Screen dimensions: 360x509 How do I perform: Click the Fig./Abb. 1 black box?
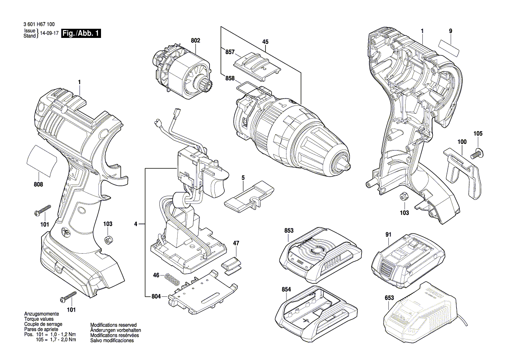[x=81, y=34]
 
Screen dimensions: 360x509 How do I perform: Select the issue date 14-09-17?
[x=50, y=34]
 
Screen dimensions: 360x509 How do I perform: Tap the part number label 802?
[x=195, y=40]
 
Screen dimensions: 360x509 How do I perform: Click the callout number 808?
[x=38, y=185]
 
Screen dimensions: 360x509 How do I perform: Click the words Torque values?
[x=38, y=319]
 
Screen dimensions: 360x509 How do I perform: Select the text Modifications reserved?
[x=113, y=325]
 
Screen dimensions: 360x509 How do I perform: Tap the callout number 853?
[x=289, y=231]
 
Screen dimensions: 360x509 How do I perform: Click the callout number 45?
[x=265, y=42]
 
